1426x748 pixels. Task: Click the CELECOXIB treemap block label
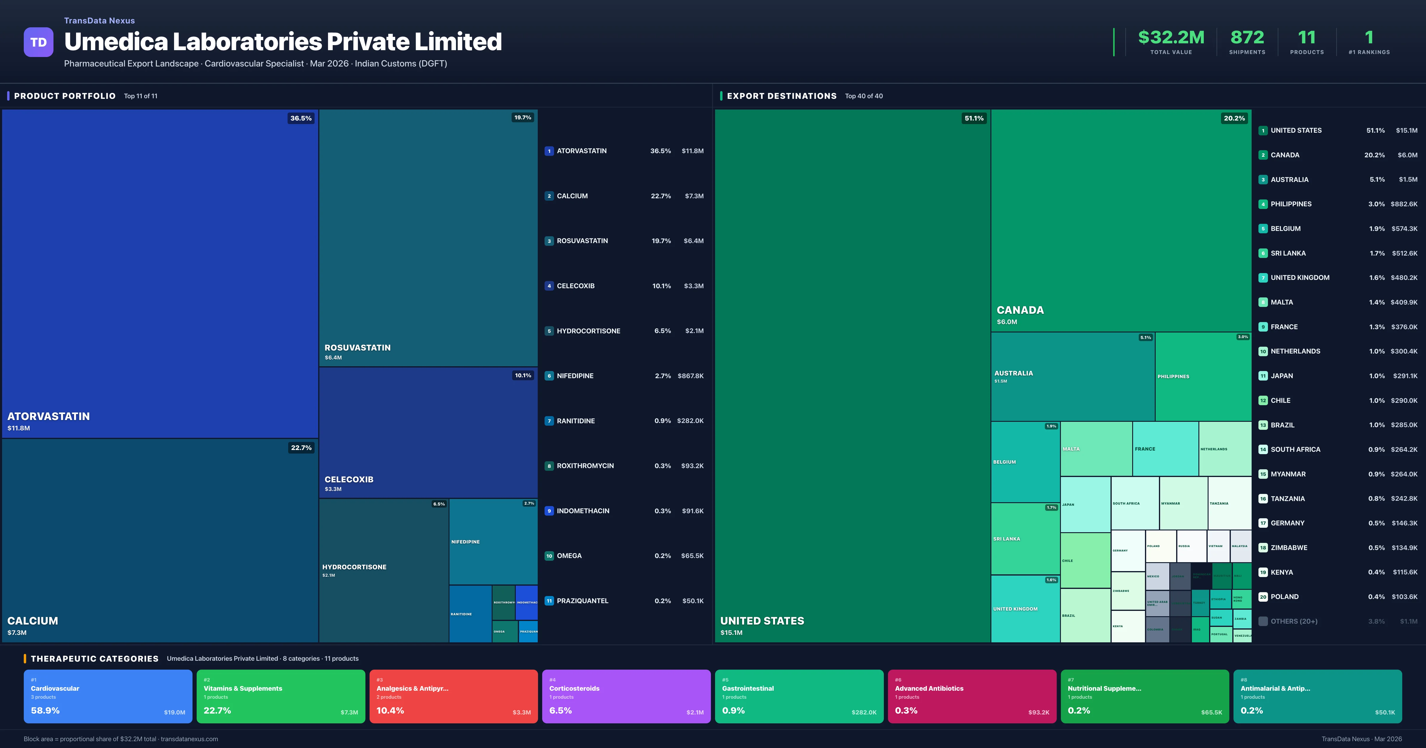point(349,479)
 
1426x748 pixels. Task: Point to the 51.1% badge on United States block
point(974,118)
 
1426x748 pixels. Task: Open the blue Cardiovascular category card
point(108,696)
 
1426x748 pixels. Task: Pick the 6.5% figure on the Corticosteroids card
point(560,710)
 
